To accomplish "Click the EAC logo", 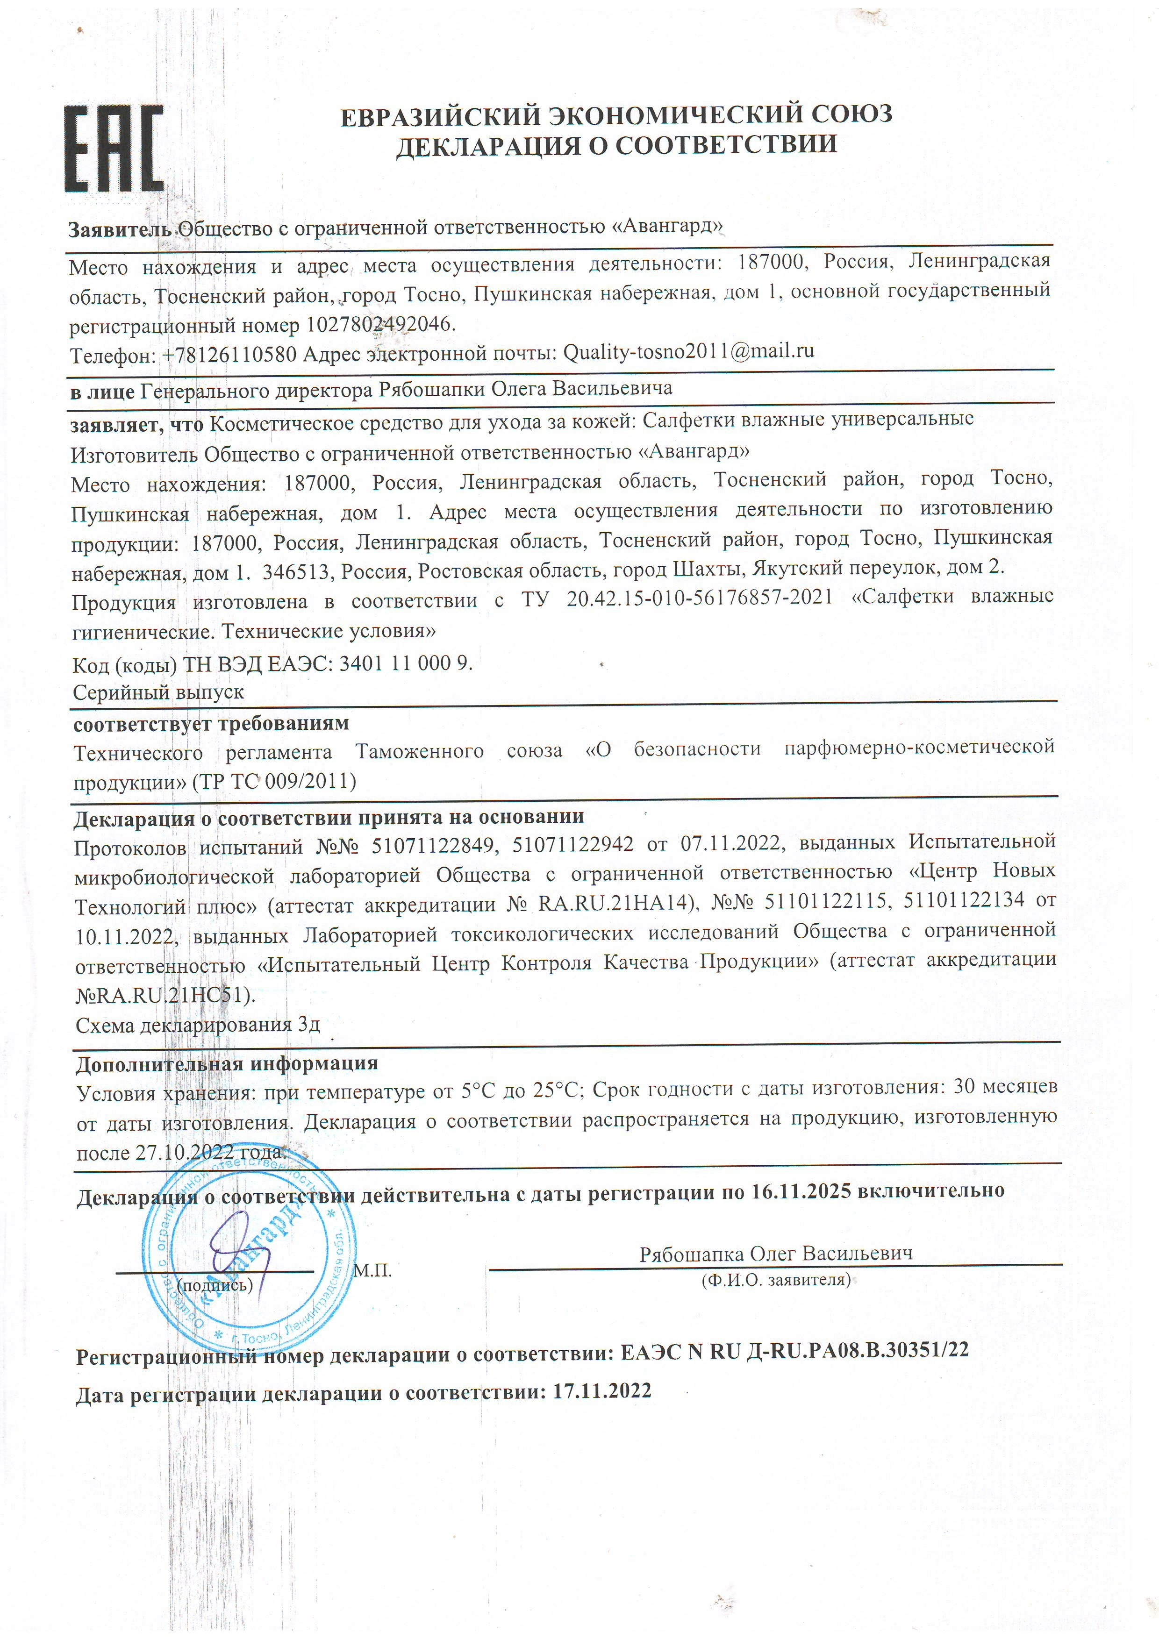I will tap(114, 149).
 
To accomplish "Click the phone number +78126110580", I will tap(229, 354).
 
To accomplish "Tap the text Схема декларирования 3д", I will tap(198, 1025).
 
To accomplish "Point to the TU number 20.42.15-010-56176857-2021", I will tap(699, 598).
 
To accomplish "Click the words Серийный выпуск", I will tap(158, 692).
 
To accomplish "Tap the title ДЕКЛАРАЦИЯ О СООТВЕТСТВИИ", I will tap(616, 145).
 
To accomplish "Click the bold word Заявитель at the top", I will tap(121, 229).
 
